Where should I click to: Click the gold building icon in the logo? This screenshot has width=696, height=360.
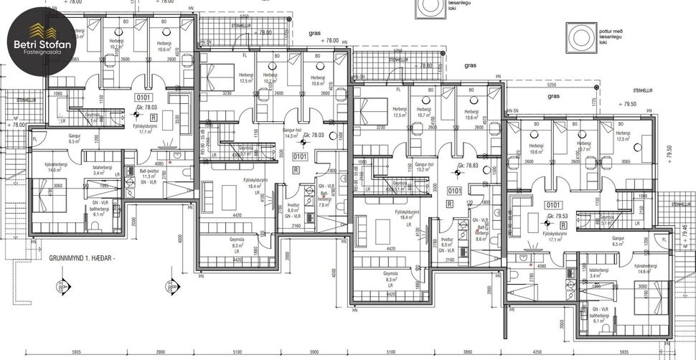point(40,29)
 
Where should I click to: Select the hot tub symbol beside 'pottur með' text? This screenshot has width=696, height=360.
point(578,35)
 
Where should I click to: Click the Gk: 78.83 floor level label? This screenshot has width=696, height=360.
point(471,165)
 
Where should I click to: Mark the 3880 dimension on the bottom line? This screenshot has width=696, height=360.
point(468,353)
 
